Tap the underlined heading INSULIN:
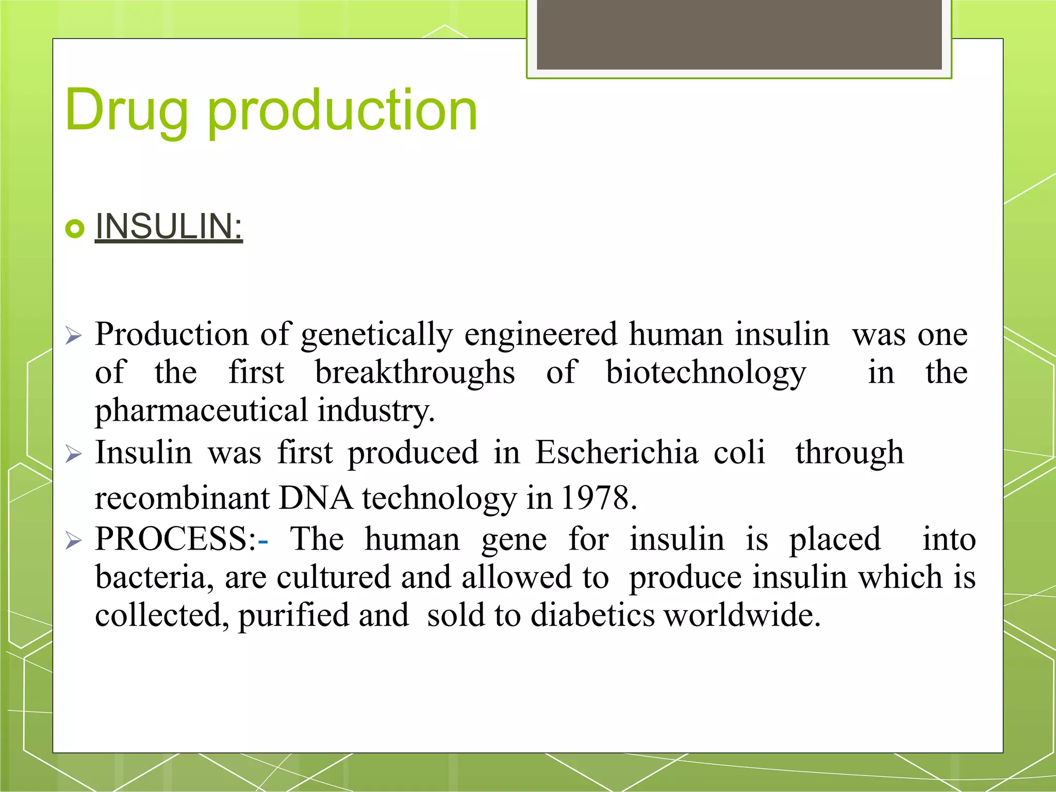point(169,227)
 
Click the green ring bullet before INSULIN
point(75,228)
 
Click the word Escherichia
point(616,453)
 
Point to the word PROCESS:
point(175,539)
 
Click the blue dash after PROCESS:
point(263,541)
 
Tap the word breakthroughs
point(415,373)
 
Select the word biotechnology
point(705,373)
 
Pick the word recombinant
point(182,498)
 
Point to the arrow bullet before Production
point(74,337)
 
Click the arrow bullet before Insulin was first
point(74,454)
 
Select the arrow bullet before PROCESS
point(74,541)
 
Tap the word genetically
point(376,335)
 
